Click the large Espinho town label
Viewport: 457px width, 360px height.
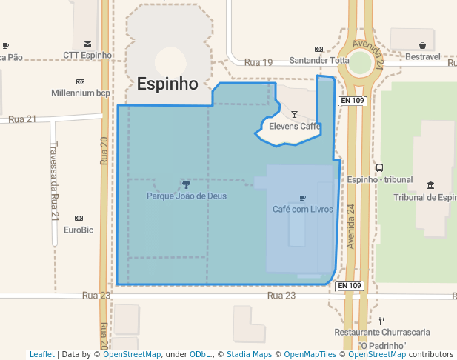click(x=167, y=84)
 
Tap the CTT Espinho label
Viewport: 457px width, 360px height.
click(x=87, y=56)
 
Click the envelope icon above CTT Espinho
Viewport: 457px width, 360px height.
click(x=88, y=45)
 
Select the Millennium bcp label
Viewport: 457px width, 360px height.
click(x=81, y=93)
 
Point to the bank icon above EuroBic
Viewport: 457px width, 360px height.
click(x=79, y=218)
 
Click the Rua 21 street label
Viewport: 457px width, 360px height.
click(x=22, y=119)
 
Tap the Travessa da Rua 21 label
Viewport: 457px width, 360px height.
click(x=54, y=182)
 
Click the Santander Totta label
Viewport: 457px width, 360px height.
click(x=318, y=61)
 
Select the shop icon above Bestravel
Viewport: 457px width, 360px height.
click(x=422, y=45)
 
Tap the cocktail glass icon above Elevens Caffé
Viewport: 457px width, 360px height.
click(x=294, y=115)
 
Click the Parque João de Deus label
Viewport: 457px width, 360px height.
click(x=187, y=196)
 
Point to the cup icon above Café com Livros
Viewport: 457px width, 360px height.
click(x=302, y=198)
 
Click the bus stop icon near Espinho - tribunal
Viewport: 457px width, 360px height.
click(x=379, y=167)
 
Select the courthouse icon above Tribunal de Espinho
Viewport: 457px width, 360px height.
click(x=431, y=185)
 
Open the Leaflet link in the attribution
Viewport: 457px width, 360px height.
click(x=41, y=355)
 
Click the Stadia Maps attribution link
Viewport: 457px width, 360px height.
click(x=249, y=355)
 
